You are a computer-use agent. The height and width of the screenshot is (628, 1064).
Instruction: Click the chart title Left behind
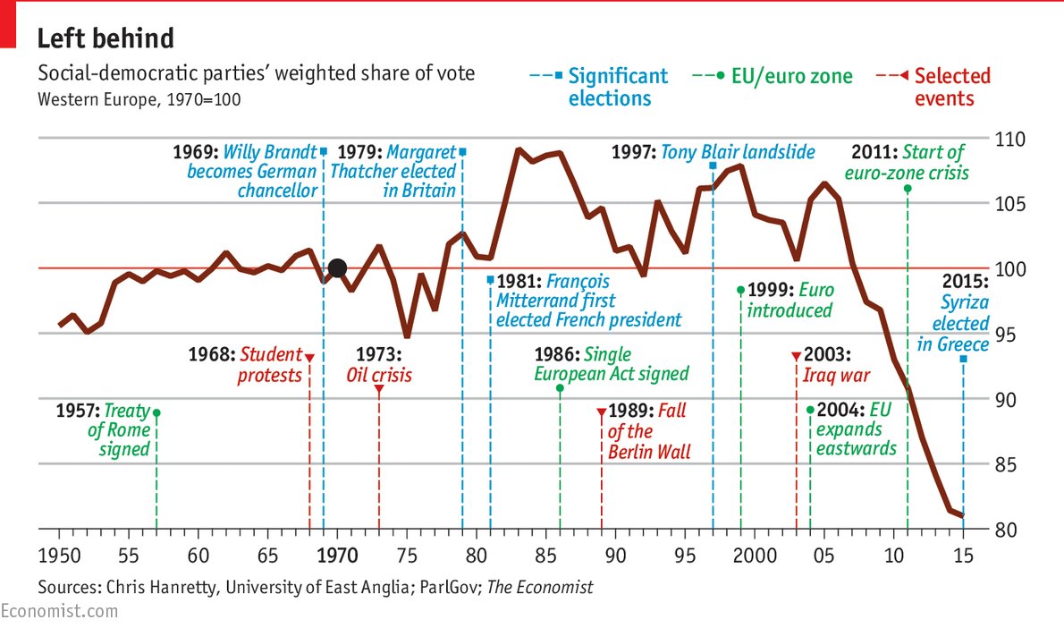point(106,38)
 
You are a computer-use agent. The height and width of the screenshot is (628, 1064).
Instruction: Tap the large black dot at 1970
point(337,267)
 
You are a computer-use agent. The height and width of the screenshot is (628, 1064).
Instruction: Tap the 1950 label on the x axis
point(59,556)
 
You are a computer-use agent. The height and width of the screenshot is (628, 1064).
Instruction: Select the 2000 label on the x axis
point(754,556)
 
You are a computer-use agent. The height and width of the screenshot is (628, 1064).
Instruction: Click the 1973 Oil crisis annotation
point(379,364)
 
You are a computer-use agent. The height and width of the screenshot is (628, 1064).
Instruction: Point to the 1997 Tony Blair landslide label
point(713,152)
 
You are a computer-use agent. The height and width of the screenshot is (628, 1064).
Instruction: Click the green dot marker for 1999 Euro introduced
point(740,290)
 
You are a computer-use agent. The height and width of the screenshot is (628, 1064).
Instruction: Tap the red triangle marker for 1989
point(601,412)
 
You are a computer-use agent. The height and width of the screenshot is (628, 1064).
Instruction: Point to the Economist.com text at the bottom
point(59,612)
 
